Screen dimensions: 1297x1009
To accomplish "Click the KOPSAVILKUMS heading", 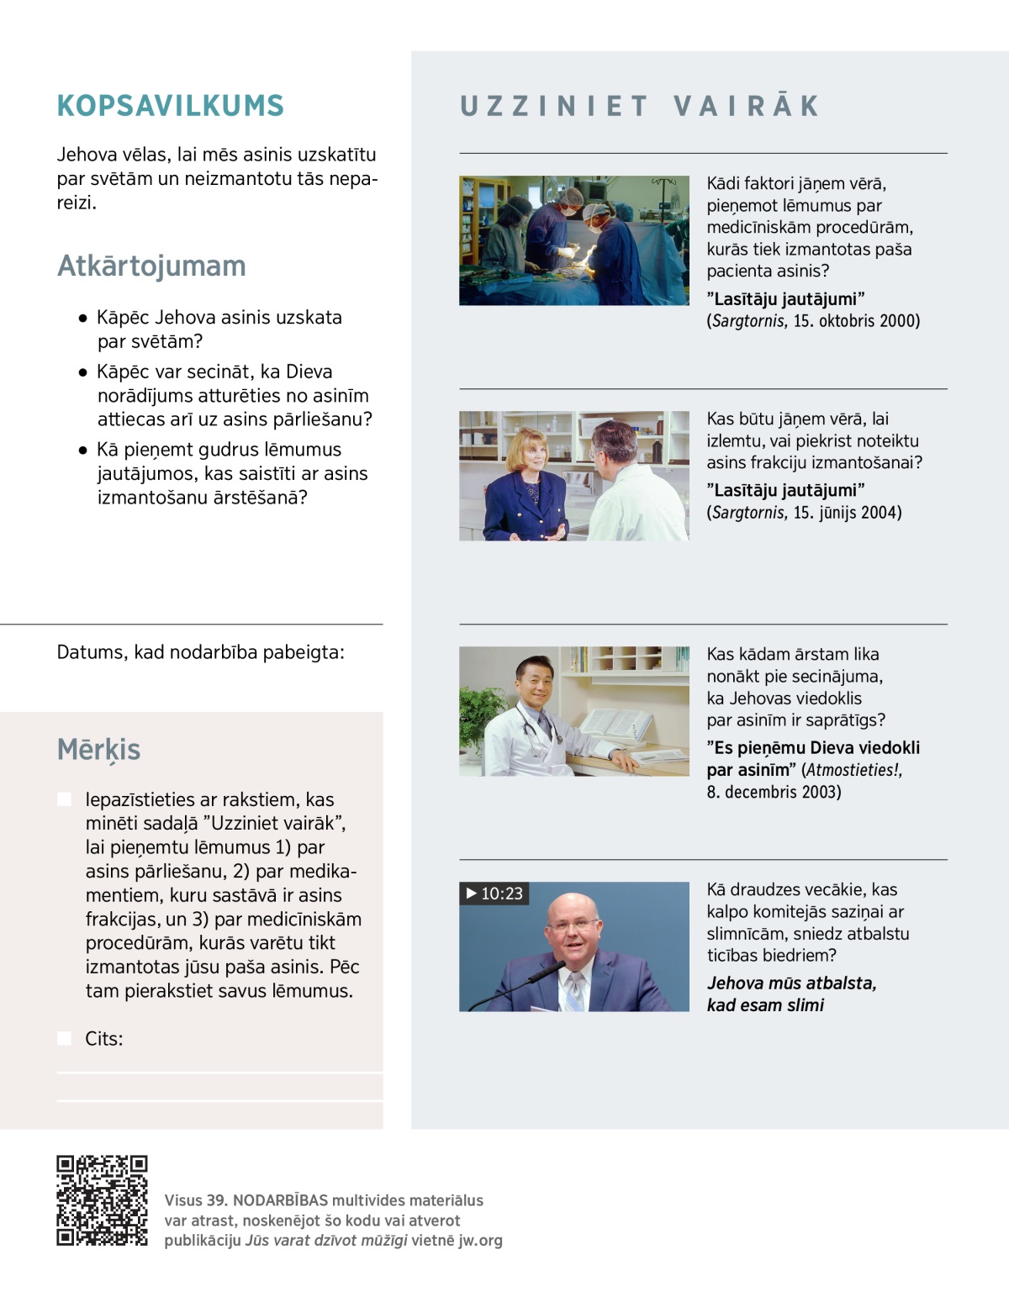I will pyautogui.click(x=171, y=106).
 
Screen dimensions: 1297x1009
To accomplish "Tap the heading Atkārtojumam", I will pyautogui.click(x=151, y=266).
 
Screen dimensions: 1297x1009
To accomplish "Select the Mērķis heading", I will pyautogui.click(x=98, y=749).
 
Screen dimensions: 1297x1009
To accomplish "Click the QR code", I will pyautogui.click(x=102, y=1199).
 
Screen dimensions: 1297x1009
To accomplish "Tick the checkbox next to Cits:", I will pyautogui.click(x=64, y=1039).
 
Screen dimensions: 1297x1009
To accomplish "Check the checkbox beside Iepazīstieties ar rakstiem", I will pyautogui.click(x=64, y=799).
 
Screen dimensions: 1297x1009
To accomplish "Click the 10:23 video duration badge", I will pyautogui.click(x=494, y=894).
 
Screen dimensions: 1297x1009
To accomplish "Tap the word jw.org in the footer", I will pyautogui.click(x=480, y=1241).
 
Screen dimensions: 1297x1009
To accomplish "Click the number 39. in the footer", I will pyautogui.click(x=216, y=1200).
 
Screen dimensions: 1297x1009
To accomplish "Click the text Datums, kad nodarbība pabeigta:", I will pyautogui.click(x=200, y=652).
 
